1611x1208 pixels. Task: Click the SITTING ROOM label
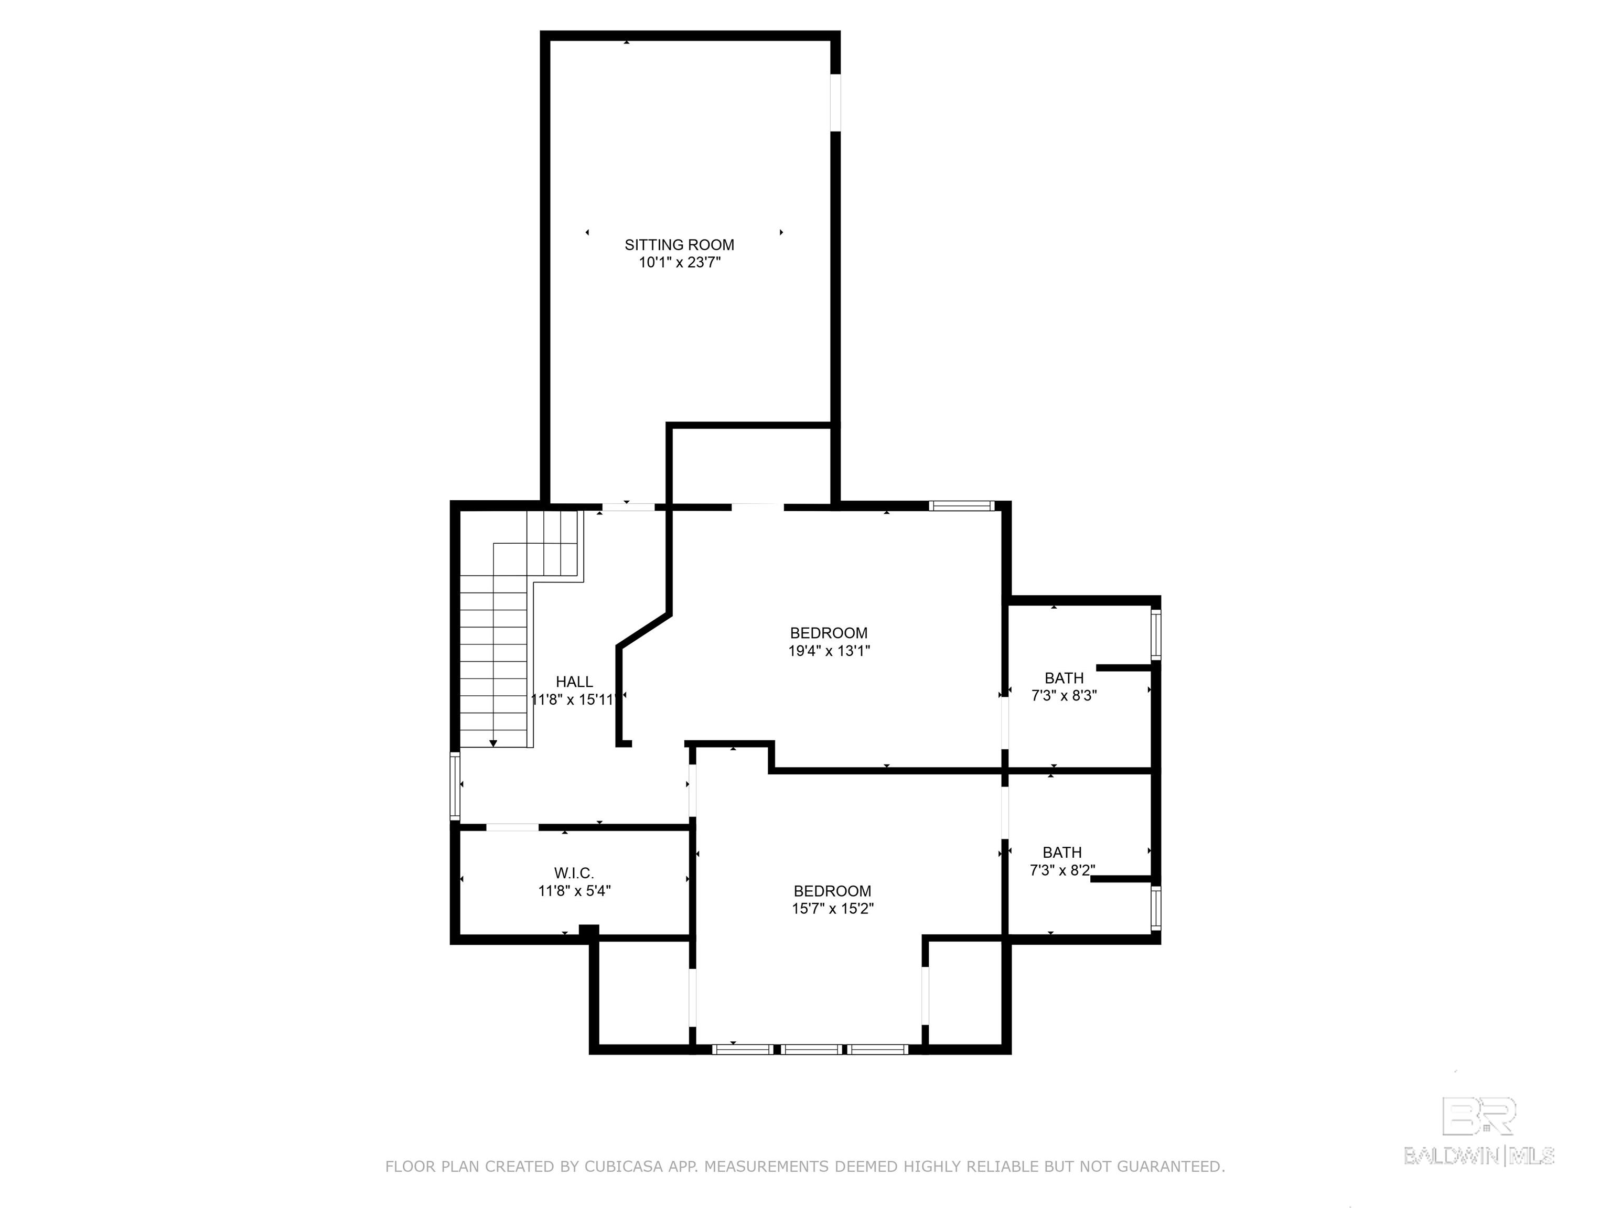(x=679, y=245)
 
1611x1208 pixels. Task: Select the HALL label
(x=574, y=682)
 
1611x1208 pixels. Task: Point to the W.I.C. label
(x=574, y=873)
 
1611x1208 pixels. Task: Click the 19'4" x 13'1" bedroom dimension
(x=829, y=651)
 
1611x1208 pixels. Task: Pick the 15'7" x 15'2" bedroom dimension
(x=832, y=909)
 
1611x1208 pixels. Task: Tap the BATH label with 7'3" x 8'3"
(x=1064, y=678)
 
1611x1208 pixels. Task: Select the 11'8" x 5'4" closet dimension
(x=574, y=890)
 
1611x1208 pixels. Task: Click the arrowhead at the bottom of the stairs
(x=493, y=743)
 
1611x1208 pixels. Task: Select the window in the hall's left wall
(x=455, y=786)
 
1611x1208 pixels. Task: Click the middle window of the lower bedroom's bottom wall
(x=811, y=1049)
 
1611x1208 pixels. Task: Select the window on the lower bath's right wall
(x=1156, y=908)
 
